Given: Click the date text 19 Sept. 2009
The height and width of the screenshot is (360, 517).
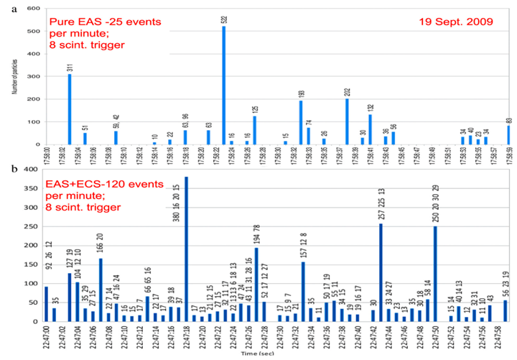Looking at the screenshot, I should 456,22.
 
